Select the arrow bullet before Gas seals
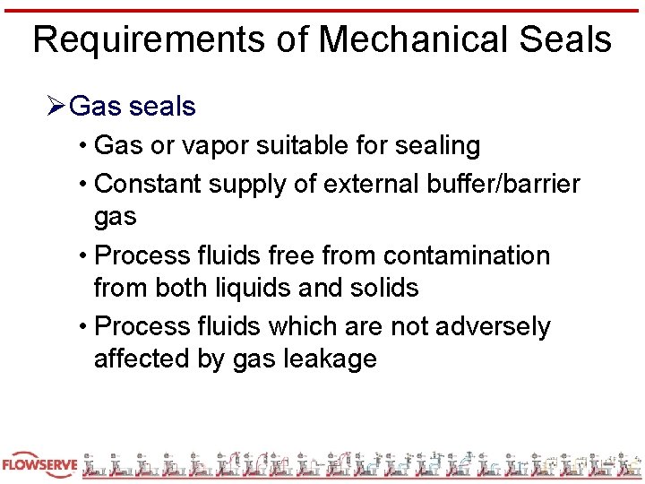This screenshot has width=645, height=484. (56, 107)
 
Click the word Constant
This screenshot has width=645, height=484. (147, 184)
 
